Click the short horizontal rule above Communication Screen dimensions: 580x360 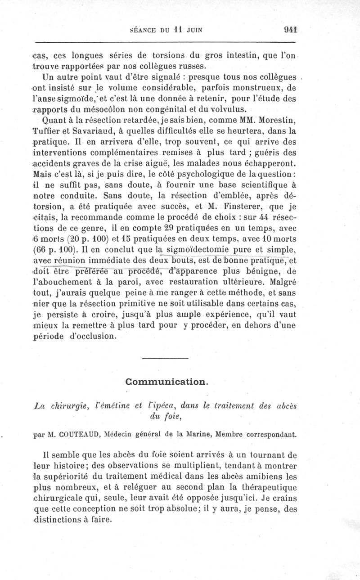(165, 358)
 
